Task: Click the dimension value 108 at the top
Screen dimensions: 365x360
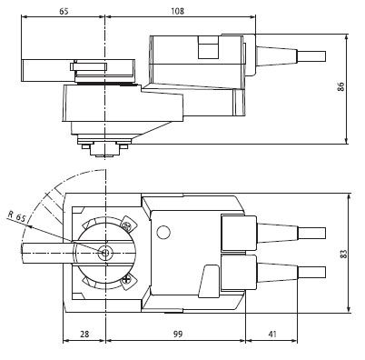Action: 177,11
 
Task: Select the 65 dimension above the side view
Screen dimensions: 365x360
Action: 64,11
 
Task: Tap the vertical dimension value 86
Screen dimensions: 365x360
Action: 341,86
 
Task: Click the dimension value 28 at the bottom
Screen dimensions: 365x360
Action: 84,334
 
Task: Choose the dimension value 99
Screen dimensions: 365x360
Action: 178,334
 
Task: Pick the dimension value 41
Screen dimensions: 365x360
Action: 272,334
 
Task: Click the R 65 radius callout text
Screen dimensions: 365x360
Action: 17,216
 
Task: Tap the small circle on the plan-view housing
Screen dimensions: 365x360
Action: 163,233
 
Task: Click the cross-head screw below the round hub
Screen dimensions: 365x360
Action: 128,279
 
